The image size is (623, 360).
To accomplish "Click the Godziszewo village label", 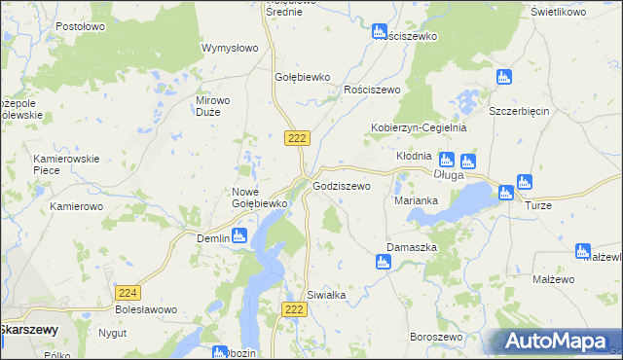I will (x=341, y=185).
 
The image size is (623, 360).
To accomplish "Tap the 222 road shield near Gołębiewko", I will (x=297, y=139).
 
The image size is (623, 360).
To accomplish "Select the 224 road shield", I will (x=127, y=292).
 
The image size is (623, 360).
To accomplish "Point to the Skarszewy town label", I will (x=28, y=330).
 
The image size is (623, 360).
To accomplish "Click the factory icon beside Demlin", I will (x=240, y=235).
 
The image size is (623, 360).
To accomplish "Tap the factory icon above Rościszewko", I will (x=381, y=32).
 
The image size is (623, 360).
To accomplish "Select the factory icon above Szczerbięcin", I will (x=503, y=78).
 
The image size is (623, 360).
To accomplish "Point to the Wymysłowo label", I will (x=229, y=48).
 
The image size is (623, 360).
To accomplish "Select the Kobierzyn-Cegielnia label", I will (x=420, y=127).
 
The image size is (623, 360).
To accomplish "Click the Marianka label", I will (x=416, y=200).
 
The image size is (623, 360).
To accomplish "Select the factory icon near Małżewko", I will (x=583, y=250).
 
